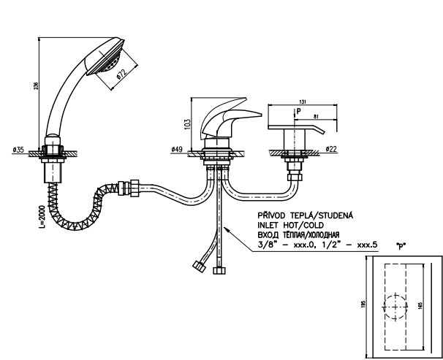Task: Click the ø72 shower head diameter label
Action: (121, 75)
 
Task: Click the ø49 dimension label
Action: (176, 149)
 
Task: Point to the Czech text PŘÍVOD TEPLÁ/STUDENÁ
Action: (305, 217)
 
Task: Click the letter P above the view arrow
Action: (298, 112)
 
